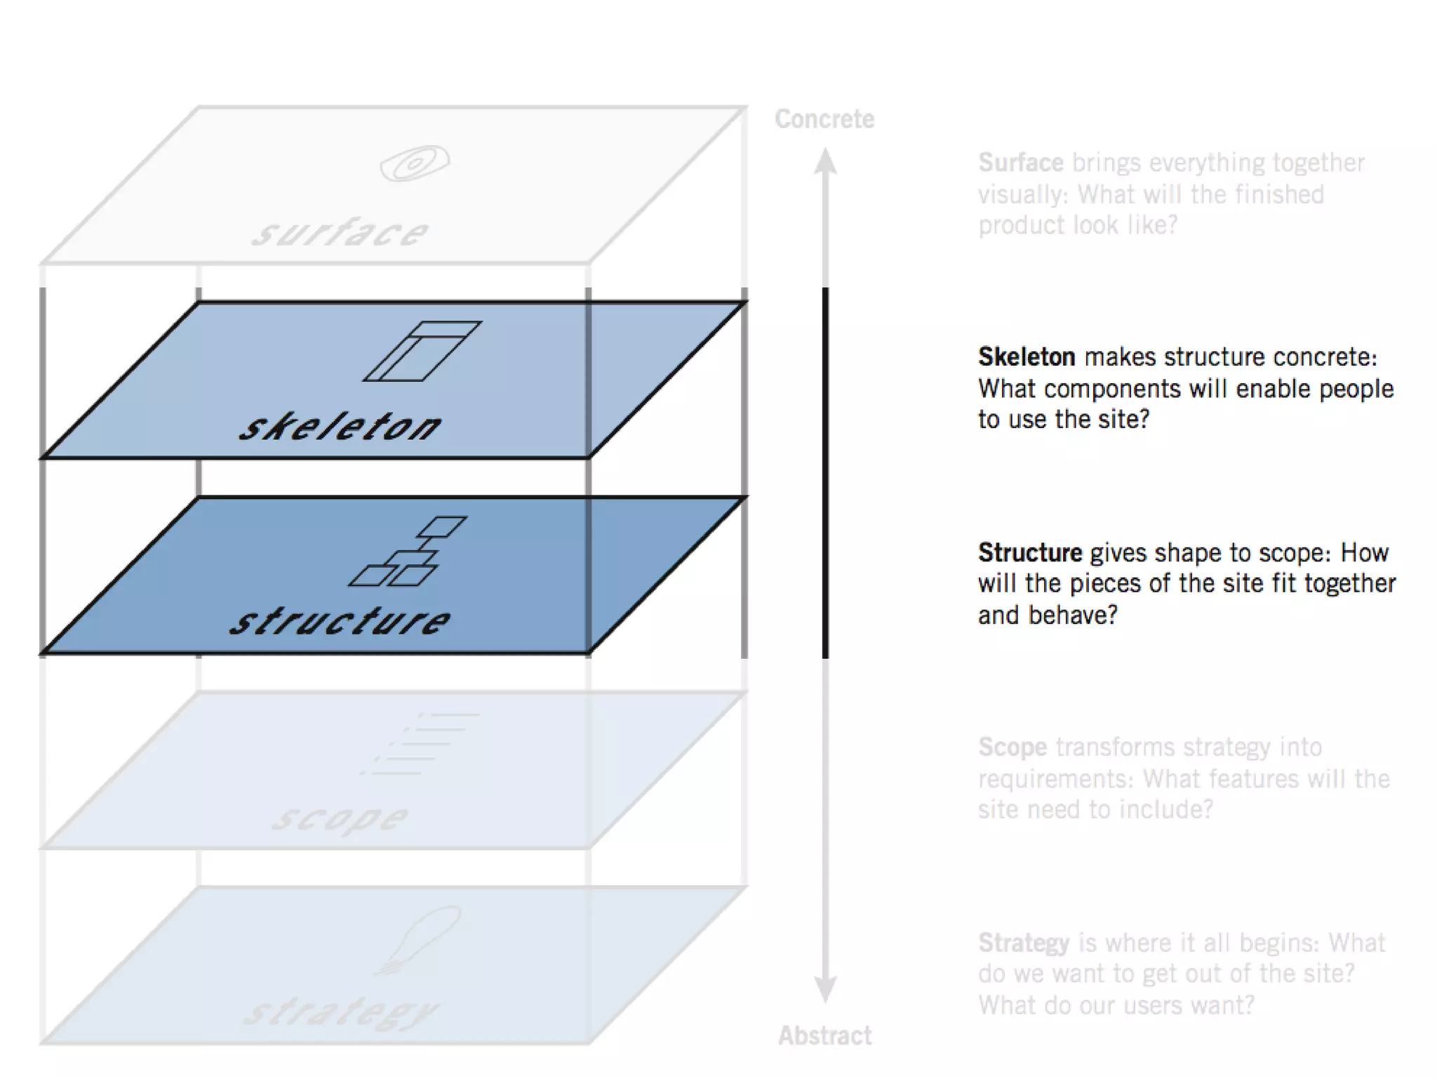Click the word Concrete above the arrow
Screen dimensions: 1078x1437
click(824, 119)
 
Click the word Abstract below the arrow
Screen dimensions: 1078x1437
click(824, 1035)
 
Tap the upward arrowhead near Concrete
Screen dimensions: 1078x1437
click(825, 161)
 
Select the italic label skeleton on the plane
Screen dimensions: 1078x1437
click(340, 426)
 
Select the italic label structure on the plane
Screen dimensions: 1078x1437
click(340, 621)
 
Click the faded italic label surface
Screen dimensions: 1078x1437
click(340, 232)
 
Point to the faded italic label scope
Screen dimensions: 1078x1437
click(340, 818)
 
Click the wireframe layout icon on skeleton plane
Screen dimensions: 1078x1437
click(422, 351)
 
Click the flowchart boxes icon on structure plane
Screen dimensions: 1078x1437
click(407, 552)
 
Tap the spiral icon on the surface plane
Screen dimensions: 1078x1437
click(415, 164)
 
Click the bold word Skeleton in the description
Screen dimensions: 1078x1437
click(1027, 357)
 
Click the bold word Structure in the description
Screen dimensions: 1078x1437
click(1030, 552)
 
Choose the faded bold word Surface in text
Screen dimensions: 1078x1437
click(1021, 162)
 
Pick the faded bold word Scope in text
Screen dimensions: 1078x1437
click(1012, 747)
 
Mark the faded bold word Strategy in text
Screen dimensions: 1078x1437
click(1024, 942)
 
